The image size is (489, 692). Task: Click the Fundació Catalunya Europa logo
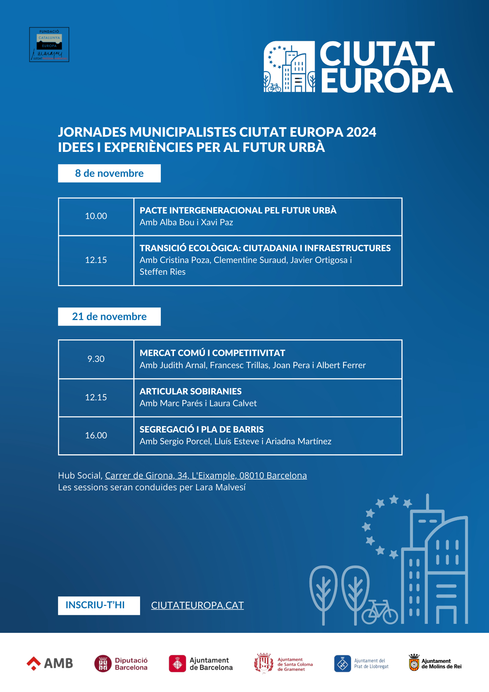(x=49, y=45)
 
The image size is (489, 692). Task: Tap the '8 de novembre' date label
(x=109, y=173)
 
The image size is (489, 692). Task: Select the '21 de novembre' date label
(x=109, y=317)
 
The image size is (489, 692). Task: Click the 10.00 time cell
(x=96, y=216)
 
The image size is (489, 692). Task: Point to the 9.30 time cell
(x=96, y=359)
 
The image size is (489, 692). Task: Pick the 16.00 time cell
(x=96, y=436)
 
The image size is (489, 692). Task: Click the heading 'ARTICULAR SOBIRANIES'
(x=191, y=391)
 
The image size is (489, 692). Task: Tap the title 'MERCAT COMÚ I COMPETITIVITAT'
(x=212, y=353)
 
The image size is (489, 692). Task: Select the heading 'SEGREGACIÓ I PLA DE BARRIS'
(x=202, y=429)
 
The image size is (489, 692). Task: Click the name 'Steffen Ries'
(x=163, y=272)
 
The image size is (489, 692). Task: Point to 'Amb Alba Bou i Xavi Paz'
(x=186, y=222)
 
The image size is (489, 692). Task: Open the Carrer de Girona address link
(x=206, y=476)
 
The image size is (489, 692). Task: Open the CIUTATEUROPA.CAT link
(x=197, y=605)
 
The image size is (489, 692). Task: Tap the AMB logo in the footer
(x=50, y=663)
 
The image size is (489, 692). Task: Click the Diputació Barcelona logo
(x=121, y=664)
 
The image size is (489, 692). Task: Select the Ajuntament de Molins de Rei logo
(x=435, y=663)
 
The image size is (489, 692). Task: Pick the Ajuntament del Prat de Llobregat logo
(x=361, y=664)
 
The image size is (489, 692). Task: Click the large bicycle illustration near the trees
(x=380, y=612)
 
